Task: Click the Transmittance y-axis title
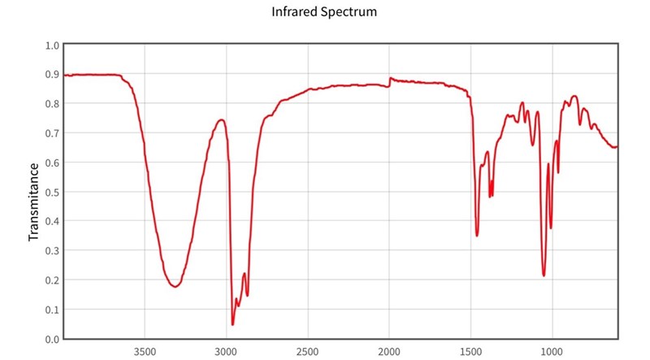pos(34,202)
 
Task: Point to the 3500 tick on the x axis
pos(145,353)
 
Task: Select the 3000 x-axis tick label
pos(226,353)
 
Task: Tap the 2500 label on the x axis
pos(307,353)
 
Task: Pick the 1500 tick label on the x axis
pos(470,353)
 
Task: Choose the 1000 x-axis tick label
pos(552,353)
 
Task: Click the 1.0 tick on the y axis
pos(52,46)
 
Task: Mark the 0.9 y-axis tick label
pos(52,75)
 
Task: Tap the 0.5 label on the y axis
pos(52,192)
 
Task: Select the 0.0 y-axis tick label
pos(52,339)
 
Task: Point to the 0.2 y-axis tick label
pos(52,280)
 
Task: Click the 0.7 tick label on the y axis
pos(52,133)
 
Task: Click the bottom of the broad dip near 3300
pos(175,287)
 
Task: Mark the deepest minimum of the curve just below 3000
pos(232,325)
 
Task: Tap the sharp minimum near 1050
pos(544,275)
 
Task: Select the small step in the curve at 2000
pos(389,81)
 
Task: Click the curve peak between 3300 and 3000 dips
pos(220,119)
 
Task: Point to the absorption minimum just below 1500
pos(477,236)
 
